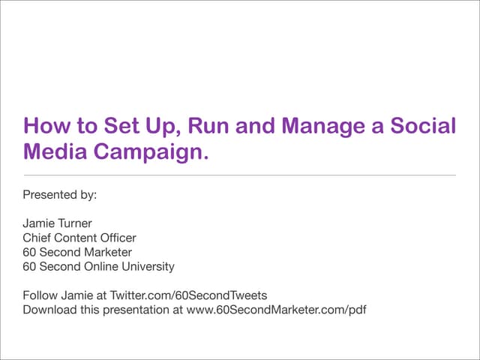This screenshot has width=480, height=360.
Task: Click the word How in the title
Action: pyautogui.click(x=44, y=125)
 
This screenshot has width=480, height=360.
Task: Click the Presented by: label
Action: pyautogui.click(x=61, y=194)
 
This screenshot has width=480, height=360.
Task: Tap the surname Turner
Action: pyautogui.click(x=77, y=223)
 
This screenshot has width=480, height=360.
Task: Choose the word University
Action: pyautogui.click(x=148, y=266)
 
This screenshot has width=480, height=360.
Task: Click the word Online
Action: pyautogui.click(x=103, y=266)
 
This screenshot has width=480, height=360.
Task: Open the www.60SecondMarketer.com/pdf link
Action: pyautogui.click(x=275, y=309)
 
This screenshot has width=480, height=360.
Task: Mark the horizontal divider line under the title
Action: pyautogui.click(x=240, y=175)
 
